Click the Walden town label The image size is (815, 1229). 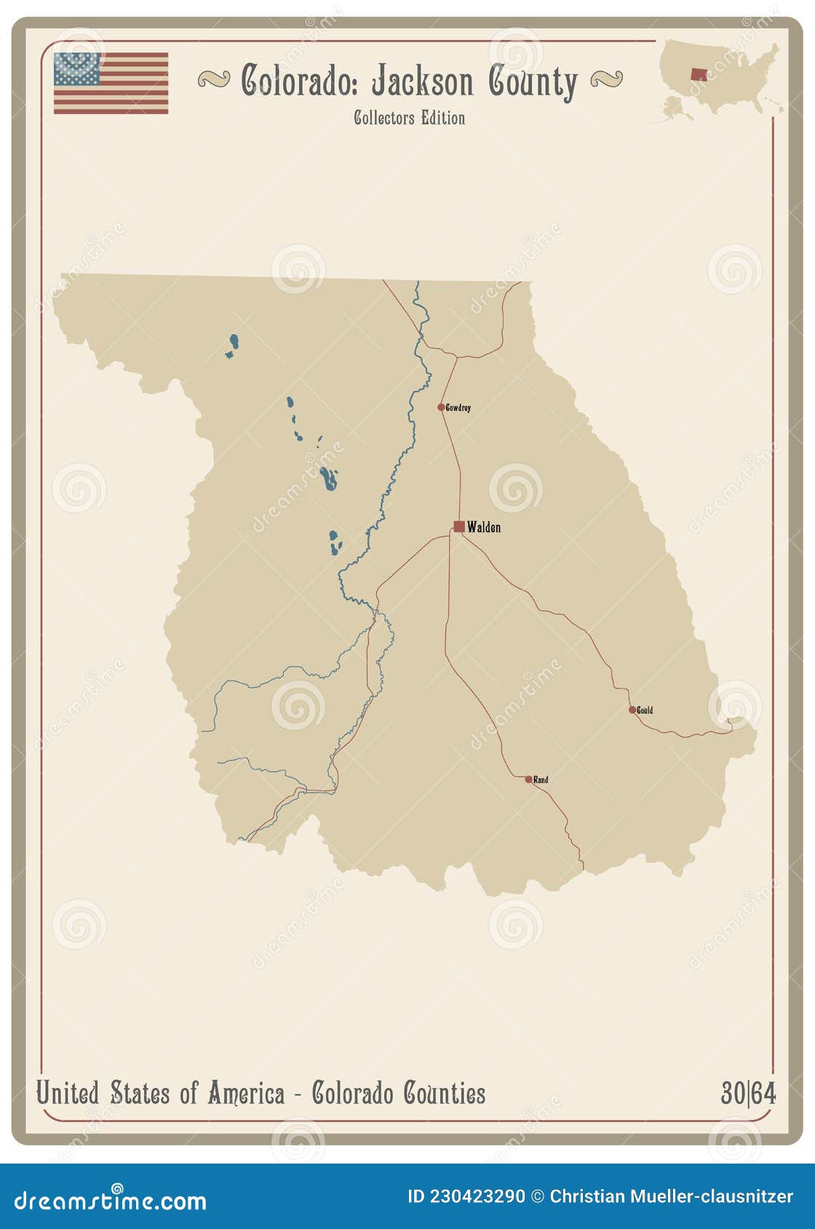tap(484, 527)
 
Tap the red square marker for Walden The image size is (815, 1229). tap(459, 527)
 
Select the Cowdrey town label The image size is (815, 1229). tap(458, 408)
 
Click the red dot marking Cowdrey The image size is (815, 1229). tap(441, 407)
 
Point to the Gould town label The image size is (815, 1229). tap(645, 710)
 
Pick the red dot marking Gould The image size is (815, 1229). tap(632, 710)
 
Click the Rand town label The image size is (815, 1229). tap(541, 780)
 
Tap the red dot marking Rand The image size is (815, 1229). tap(529, 780)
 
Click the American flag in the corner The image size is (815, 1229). tap(111, 83)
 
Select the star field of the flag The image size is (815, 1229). tap(76, 68)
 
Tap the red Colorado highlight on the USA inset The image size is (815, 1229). tap(699, 74)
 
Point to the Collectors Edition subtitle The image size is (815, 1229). tap(409, 118)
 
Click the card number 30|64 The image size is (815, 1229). tap(748, 1093)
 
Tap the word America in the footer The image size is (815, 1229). tap(246, 1093)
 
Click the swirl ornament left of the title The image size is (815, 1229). tap(214, 79)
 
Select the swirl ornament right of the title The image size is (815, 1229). tap(606, 79)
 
